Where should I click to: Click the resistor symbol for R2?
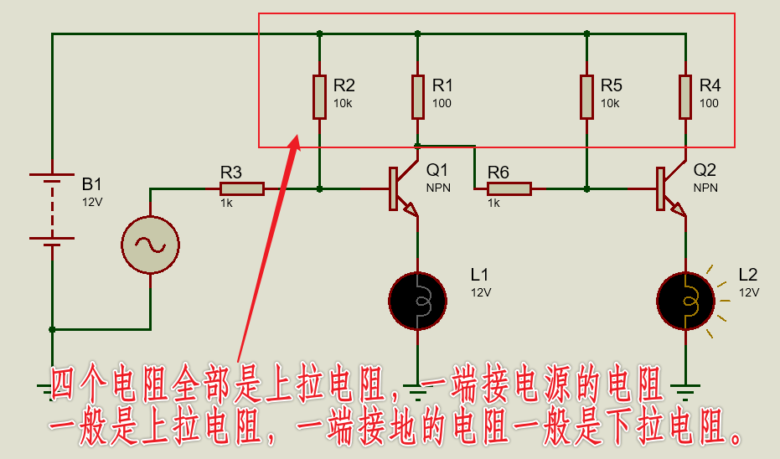pos(319,96)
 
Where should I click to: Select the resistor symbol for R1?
pos(418,96)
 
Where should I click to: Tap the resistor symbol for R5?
pos(587,96)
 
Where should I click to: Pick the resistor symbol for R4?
pos(685,96)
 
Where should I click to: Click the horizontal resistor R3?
pos(242,189)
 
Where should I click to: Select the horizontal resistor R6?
pos(509,189)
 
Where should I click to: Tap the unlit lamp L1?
pos(417,301)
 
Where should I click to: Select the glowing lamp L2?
pos(685,301)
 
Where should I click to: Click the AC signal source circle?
pos(151,244)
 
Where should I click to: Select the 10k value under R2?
pos(343,103)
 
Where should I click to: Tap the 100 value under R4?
pos(709,103)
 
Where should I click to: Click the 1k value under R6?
pos(493,204)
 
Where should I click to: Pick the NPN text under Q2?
pos(705,188)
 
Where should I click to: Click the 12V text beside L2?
pos(749,292)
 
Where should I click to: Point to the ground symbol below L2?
pos(685,389)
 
